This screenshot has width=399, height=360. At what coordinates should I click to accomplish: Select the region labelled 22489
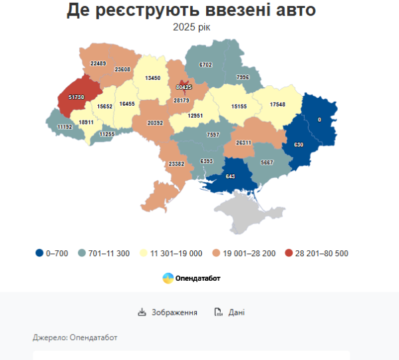98,63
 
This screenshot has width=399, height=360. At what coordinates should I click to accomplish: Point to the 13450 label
151,78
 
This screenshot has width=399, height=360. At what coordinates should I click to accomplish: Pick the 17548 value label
282,104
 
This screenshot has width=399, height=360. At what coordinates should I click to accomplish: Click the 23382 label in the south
178,164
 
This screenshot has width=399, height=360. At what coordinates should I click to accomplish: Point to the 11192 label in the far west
65,126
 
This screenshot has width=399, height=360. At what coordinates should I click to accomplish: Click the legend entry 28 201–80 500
316,253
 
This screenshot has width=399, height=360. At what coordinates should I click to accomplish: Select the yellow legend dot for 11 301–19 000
145,253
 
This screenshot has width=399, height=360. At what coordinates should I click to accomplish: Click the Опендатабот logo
192,278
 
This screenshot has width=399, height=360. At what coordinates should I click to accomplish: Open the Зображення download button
168,312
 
